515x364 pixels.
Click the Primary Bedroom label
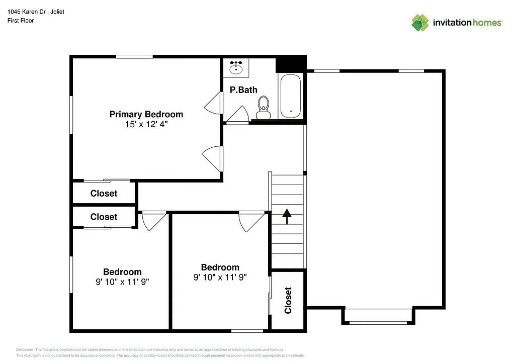(x=146, y=114)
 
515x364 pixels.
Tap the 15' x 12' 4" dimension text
(x=146, y=124)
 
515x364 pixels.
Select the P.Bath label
(x=243, y=90)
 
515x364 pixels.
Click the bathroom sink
(x=236, y=66)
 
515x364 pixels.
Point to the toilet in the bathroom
(x=263, y=108)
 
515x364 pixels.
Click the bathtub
(x=290, y=96)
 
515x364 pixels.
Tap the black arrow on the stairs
(x=287, y=216)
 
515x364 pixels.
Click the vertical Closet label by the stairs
(x=288, y=300)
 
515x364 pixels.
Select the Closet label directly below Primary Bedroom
(x=104, y=194)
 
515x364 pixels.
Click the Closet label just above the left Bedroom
(x=104, y=217)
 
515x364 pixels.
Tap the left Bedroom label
(x=122, y=272)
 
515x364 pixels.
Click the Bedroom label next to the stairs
(x=220, y=267)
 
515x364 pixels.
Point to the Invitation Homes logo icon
(x=420, y=23)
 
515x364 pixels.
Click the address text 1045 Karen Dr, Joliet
(x=36, y=12)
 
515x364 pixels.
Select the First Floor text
(x=21, y=21)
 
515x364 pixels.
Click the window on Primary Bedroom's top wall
(x=134, y=56)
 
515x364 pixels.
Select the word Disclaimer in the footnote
(x=25, y=349)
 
